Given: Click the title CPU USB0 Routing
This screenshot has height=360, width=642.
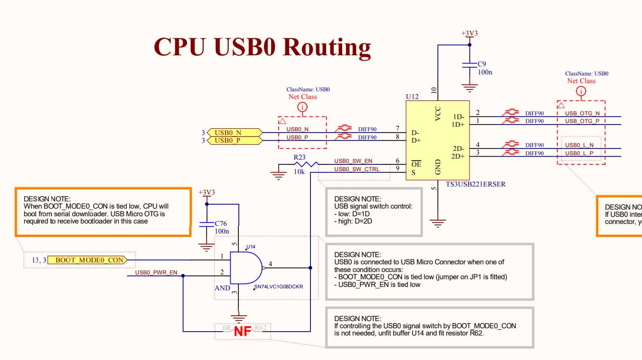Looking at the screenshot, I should tap(262, 47).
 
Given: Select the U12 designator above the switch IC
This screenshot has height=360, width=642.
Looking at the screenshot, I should tap(412, 97).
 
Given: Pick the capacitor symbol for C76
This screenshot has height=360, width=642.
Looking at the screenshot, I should tap(207, 223).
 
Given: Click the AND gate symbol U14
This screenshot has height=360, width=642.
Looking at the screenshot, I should tap(246, 268).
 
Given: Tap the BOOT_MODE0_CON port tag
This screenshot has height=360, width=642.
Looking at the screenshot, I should tap(89, 260).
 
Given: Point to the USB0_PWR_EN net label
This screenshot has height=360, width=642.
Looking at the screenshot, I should tap(156, 273).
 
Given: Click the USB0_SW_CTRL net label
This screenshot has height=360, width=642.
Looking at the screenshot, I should tap(357, 169).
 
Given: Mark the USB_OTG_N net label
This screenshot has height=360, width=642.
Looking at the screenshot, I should tap(582, 113).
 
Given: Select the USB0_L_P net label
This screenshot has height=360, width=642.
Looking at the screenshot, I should tap(579, 153).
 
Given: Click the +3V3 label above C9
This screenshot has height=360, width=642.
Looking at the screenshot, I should tap(469, 34).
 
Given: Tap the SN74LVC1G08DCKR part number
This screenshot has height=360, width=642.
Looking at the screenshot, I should tap(278, 287).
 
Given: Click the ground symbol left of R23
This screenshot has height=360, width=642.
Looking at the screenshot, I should tap(278, 174).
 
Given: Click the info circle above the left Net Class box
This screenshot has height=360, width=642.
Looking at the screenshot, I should tap(302, 107).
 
